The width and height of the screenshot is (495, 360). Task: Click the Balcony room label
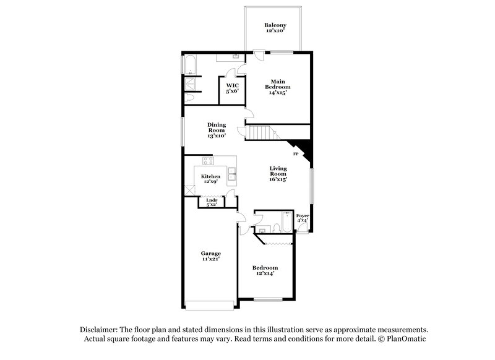point(273,28)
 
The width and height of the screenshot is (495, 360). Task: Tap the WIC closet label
point(232,88)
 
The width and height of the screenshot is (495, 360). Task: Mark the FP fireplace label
point(295,153)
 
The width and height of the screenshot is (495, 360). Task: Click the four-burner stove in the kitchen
point(209,163)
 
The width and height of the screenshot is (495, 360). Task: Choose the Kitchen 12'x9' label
point(211,179)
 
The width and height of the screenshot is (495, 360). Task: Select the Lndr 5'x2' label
point(212,202)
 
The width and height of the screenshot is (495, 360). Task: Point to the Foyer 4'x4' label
point(303,218)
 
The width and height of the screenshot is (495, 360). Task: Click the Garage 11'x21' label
point(210,257)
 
